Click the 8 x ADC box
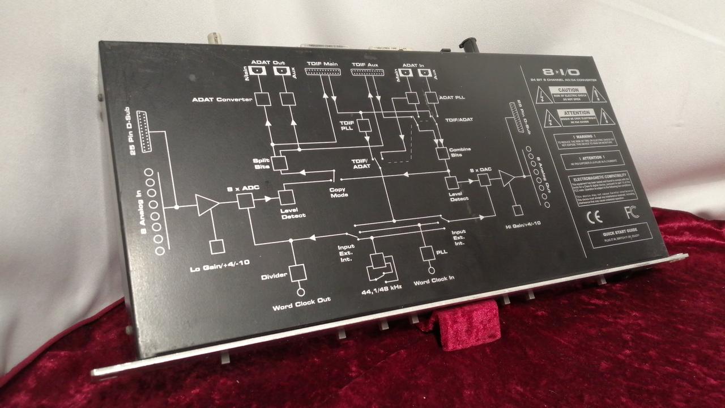pos(245,200)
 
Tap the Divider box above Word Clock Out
pos(298,273)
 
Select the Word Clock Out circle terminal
pos(301,292)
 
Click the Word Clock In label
pos(434,279)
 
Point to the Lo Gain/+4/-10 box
pos(217,246)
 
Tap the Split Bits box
pos(279,163)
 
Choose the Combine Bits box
pos(442,153)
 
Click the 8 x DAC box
pos(484,180)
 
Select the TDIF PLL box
pos(365,124)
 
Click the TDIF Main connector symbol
pos(321,73)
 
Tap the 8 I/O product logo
pos(561,73)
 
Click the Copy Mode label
pos(339,192)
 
